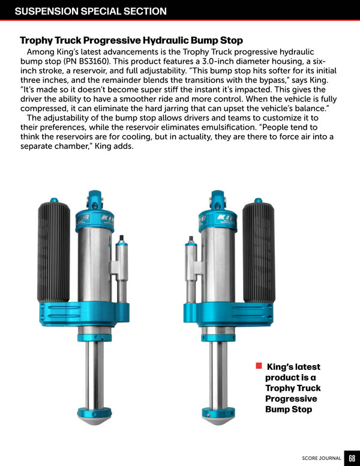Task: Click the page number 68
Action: click(352, 458)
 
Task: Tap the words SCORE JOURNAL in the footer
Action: click(322, 458)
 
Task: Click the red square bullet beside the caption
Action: click(259, 366)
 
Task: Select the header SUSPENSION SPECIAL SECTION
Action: click(91, 11)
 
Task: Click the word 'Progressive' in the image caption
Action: click(291, 399)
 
